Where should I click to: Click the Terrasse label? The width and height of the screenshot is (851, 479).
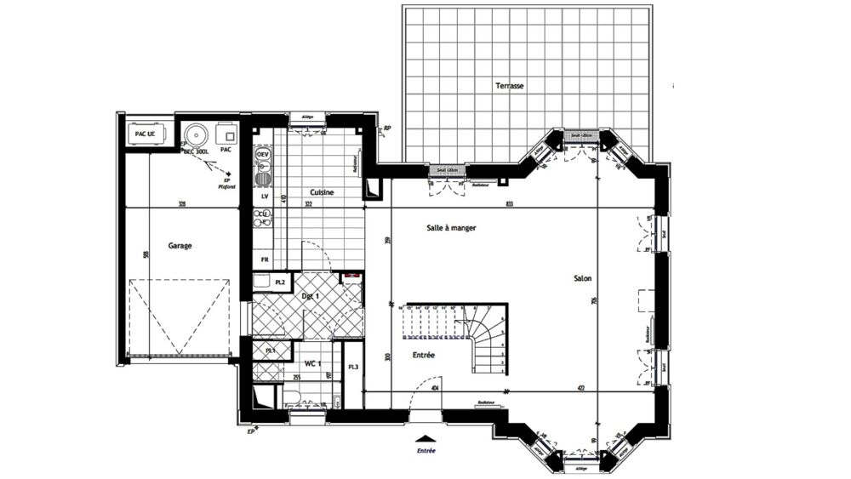(x=510, y=86)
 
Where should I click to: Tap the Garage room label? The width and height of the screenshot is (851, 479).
(x=180, y=246)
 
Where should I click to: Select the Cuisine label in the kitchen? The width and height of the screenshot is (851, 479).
(x=322, y=192)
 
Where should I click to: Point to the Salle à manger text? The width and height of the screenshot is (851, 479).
(x=451, y=228)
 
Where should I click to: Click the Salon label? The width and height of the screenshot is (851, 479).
(x=583, y=278)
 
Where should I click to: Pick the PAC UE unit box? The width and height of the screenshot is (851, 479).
(x=146, y=134)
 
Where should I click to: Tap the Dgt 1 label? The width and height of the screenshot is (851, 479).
(x=311, y=295)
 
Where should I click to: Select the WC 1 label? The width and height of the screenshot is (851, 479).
(x=317, y=363)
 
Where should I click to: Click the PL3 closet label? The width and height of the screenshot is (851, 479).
(x=353, y=367)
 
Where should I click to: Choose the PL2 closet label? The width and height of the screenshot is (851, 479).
(x=280, y=282)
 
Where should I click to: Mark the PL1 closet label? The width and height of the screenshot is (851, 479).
(x=270, y=351)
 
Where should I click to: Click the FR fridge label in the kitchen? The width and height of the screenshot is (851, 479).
(x=266, y=259)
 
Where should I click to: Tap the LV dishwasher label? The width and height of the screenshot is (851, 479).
(x=265, y=196)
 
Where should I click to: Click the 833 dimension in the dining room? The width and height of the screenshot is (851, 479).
(x=509, y=204)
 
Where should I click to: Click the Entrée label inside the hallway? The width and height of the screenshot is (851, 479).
(x=424, y=355)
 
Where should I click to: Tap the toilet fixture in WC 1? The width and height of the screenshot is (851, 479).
(x=291, y=396)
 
